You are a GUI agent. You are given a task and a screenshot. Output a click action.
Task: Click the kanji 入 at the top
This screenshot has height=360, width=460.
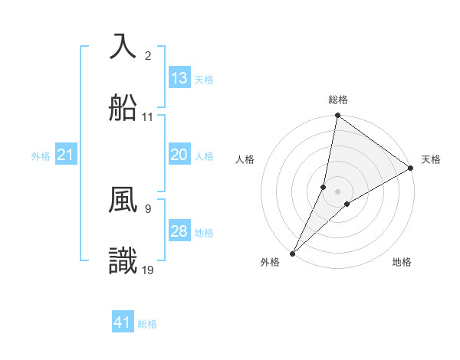(x=123, y=46)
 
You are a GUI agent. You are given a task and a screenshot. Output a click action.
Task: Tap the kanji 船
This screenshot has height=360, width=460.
(x=123, y=109)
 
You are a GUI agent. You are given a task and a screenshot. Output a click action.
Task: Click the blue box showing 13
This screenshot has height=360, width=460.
(x=179, y=78)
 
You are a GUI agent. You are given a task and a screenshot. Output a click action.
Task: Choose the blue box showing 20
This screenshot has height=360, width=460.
(x=179, y=155)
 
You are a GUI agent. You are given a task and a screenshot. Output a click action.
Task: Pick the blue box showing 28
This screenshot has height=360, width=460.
(x=179, y=231)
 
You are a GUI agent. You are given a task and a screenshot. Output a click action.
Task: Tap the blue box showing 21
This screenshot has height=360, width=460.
(x=66, y=155)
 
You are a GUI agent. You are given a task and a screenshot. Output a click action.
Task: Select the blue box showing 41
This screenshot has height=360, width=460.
(x=123, y=322)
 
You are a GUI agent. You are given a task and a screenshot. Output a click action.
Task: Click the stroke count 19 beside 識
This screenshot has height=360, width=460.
(x=148, y=270)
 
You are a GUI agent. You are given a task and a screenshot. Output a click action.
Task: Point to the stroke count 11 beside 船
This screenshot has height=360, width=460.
(x=148, y=117)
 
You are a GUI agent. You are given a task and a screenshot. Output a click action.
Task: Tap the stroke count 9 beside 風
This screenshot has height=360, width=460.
(x=148, y=208)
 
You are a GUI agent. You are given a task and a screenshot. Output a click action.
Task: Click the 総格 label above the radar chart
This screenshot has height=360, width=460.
(x=338, y=100)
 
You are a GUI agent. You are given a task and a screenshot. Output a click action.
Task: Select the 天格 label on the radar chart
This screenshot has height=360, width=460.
(x=431, y=159)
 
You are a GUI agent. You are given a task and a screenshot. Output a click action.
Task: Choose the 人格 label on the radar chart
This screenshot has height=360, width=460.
(x=245, y=159)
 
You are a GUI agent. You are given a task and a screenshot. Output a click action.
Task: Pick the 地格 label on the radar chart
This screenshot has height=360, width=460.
(x=402, y=262)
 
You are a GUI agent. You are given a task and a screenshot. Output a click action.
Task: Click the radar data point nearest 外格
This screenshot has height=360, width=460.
(x=293, y=253)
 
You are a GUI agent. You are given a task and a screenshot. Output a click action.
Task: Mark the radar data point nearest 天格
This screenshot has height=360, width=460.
(x=411, y=169)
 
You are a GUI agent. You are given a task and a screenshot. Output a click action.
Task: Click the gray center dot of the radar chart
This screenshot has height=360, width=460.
(x=338, y=191)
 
